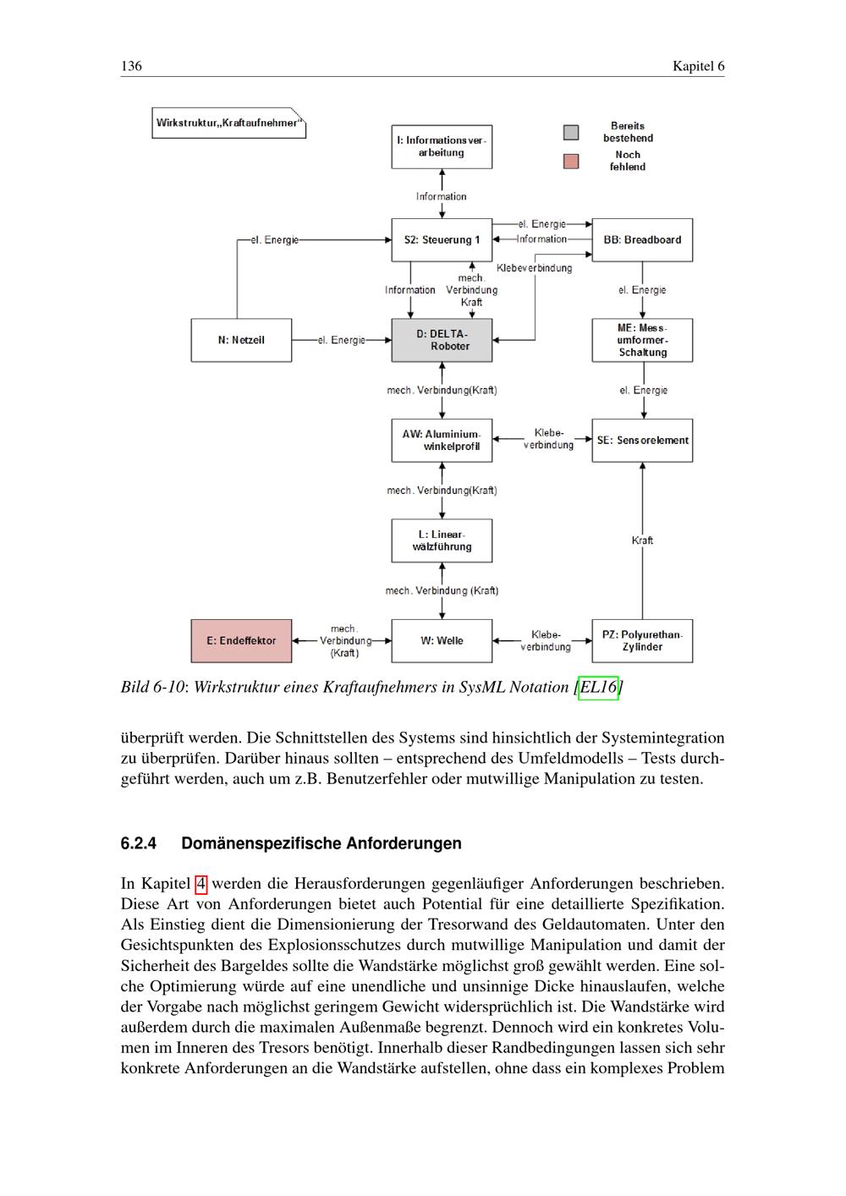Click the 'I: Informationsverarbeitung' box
(442, 146)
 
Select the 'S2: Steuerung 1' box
(442, 240)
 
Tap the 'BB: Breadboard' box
(642, 240)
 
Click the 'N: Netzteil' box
(241, 340)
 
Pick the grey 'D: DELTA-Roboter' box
(442, 340)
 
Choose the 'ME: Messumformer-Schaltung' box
(642, 340)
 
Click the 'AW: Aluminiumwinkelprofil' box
(442, 440)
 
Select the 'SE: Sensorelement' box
(642, 440)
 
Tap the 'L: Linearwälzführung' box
(442, 540)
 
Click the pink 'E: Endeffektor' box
(241, 640)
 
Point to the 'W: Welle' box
(442, 640)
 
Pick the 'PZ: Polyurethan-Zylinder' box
(642, 640)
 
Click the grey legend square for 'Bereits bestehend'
(572, 132)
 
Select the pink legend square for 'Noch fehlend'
(572, 161)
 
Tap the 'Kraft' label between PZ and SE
(642, 540)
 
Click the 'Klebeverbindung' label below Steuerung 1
(534, 268)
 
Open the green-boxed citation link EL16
(598, 688)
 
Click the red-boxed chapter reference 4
(201, 885)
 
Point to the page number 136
(131, 67)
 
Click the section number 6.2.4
(140, 844)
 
